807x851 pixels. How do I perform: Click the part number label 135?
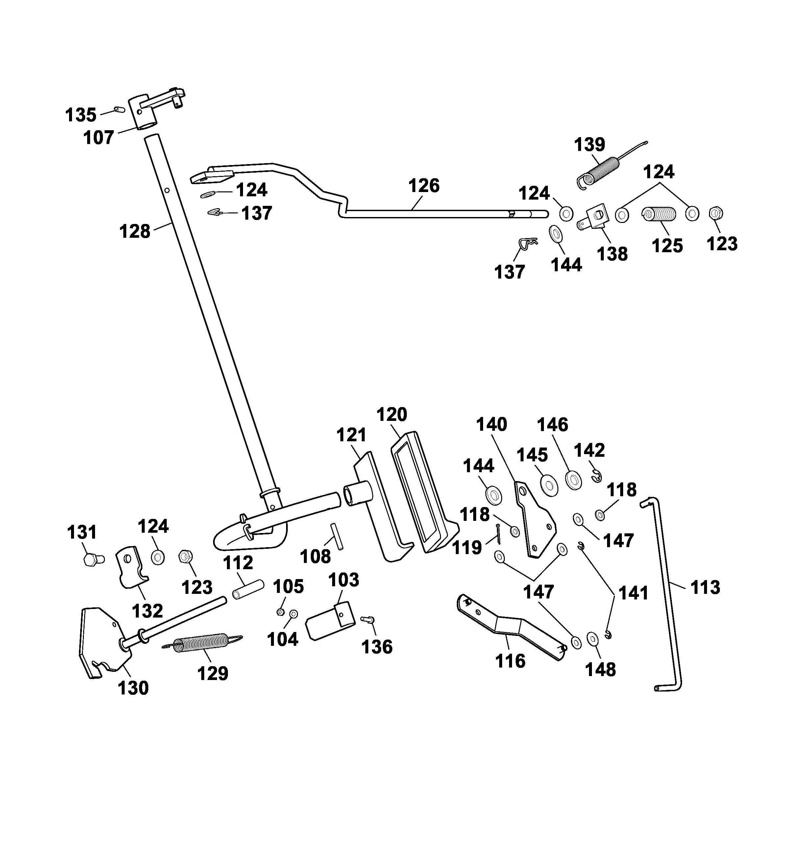tap(81, 115)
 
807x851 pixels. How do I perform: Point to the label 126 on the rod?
tap(424, 186)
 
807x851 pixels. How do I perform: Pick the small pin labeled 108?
tap(336, 536)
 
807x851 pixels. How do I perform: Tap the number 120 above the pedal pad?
tap(391, 415)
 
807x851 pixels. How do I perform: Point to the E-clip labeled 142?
tap(596, 476)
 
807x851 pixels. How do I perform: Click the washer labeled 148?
tap(592, 639)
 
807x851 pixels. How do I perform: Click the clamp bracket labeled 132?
tap(130, 567)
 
